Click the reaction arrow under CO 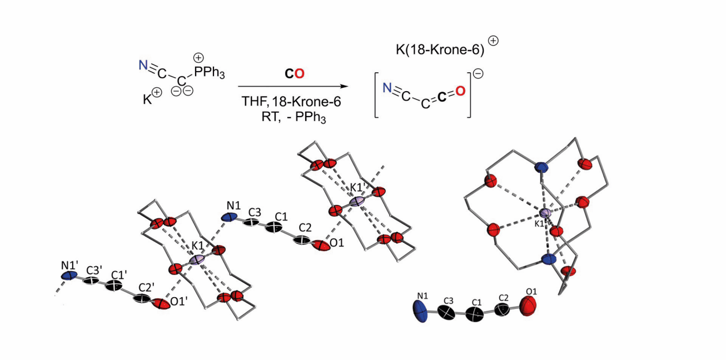(289, 87)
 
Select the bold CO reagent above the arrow (292, 73)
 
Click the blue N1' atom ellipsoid (69, 275)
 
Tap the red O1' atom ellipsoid (161, 304)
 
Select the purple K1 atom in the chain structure (197, 259)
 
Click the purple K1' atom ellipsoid (357, 201)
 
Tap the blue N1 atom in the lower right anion (423, 311)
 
